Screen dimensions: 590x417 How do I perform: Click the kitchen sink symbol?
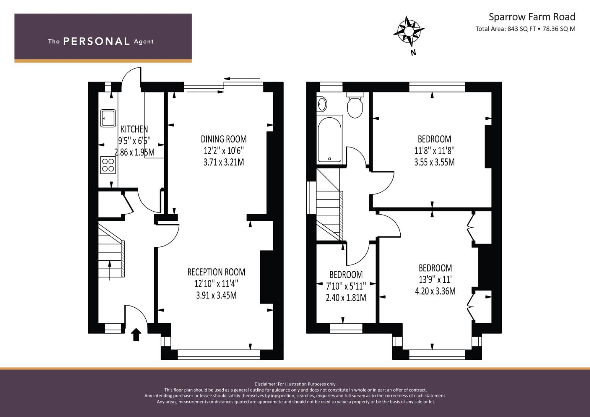(108, 118)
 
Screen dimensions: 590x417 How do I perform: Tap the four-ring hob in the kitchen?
(108, 165)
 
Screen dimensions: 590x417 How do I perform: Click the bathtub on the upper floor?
(330, 140)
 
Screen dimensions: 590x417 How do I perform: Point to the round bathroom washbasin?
(322, 104)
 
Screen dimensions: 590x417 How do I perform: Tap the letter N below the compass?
(413, 53)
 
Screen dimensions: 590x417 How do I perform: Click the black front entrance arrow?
(136, 334)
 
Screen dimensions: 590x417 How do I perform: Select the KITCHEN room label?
(134, 129)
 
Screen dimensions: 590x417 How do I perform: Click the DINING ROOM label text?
(224, 139)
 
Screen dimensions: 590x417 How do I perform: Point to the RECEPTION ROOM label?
(216, 272)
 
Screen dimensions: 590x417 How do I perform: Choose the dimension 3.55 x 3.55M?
(434, 162)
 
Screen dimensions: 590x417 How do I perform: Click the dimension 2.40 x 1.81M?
(346, 298)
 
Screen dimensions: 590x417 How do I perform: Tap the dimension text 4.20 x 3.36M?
(435, 291)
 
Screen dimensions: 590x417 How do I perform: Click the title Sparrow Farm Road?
(532, 17)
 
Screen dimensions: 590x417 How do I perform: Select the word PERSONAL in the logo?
(97, 41)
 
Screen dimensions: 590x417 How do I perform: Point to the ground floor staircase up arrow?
(110, 270)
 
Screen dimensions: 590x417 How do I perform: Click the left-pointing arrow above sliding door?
(242, 78)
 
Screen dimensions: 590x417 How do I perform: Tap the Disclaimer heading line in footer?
(295, 384)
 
